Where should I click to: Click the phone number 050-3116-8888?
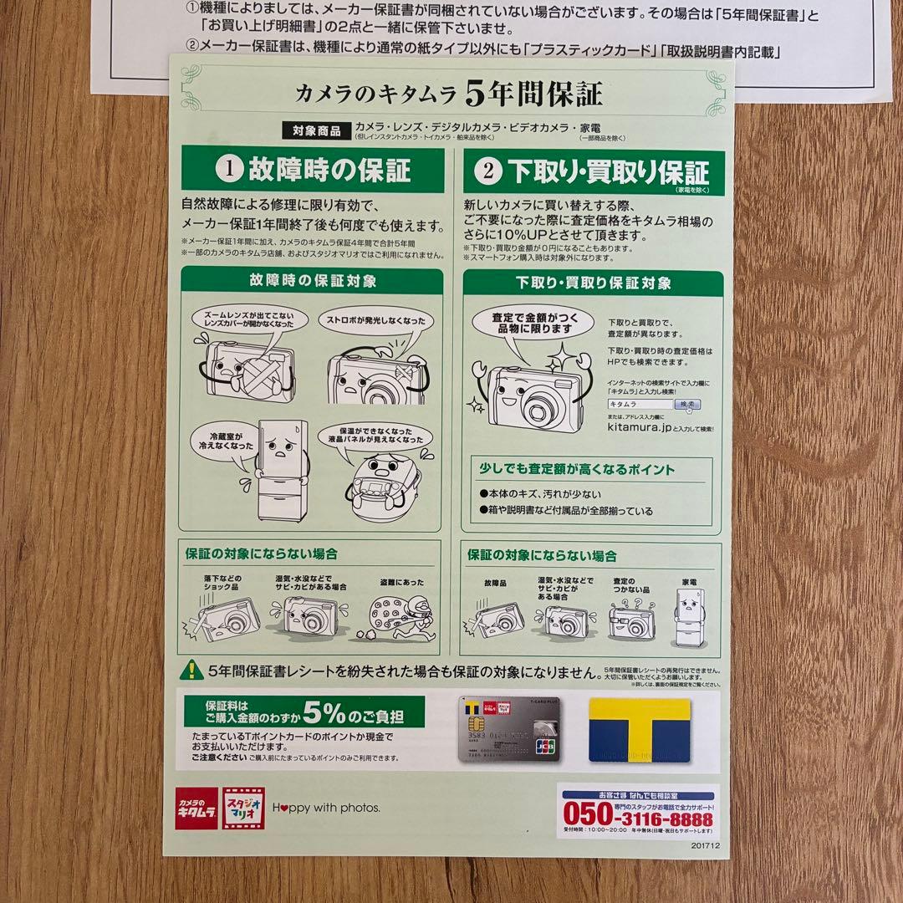(x=637, y=813)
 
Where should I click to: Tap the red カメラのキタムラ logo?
(x=196, y=808)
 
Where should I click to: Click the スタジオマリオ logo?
(x=243, y=808)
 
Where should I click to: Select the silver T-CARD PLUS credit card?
(x=509, y=731)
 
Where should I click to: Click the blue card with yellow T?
(x=640, y=730)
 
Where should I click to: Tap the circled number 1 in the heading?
(x=227, y=171)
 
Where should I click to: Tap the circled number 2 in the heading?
(x=488, y=172)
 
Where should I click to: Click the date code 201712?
(x=705, y=845)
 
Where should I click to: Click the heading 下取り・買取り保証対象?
(x=593, y=283)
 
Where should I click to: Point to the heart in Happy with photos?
(x=283, y=808)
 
